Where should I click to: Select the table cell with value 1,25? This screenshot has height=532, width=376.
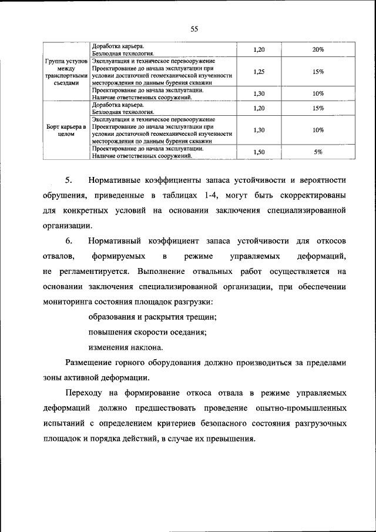258,72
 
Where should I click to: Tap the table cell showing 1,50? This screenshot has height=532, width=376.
258,152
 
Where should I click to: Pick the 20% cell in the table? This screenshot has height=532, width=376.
318,50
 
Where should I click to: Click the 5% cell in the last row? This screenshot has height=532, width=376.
318,152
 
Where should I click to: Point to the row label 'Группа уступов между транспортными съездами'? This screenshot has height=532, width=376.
66,72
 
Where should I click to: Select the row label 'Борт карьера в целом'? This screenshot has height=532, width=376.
66,130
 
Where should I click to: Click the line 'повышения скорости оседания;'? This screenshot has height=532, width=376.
147,333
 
